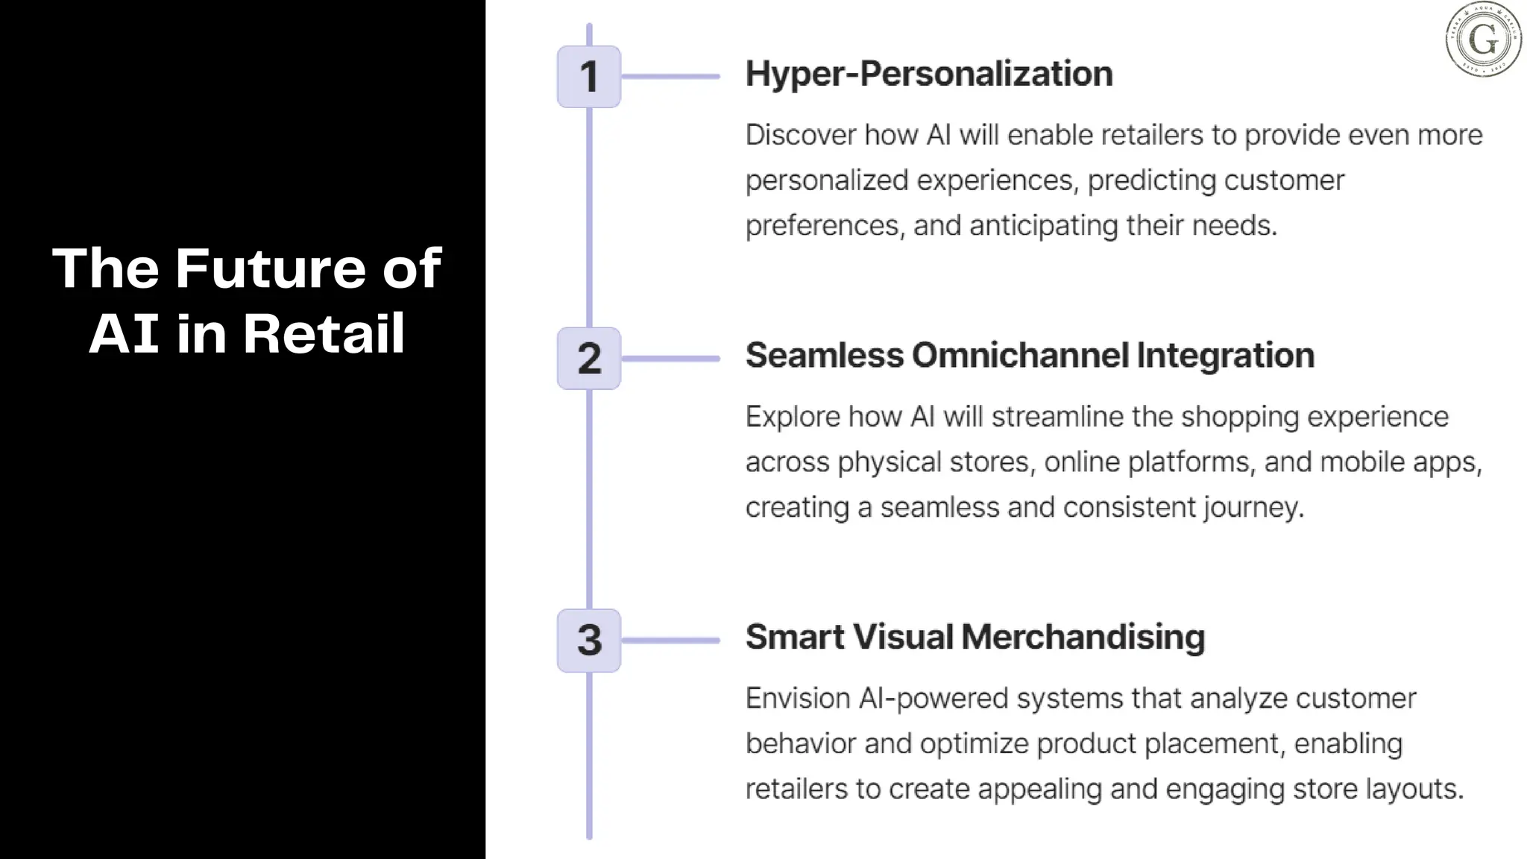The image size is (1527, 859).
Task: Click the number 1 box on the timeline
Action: (589, 77)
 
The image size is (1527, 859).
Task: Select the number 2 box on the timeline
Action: (589, 359)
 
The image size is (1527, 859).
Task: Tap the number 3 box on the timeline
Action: (589, 641)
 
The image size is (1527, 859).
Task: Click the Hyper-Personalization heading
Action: (929, 74)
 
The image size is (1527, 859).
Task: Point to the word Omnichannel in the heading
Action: (1020, 356)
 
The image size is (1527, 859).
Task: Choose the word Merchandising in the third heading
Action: (1083, 638)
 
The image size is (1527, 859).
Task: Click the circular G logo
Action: (1483, 40)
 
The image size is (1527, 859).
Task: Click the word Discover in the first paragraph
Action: (801, 135)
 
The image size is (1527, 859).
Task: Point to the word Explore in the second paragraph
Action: (793, 417)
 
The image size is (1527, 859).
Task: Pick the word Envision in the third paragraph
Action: (798, 699)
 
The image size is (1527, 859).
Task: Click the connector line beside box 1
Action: (670, 76)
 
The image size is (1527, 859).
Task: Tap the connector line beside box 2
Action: (670, 359)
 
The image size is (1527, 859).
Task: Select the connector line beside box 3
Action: (670, 641)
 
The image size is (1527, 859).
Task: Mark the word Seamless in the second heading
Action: (825, 356)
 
